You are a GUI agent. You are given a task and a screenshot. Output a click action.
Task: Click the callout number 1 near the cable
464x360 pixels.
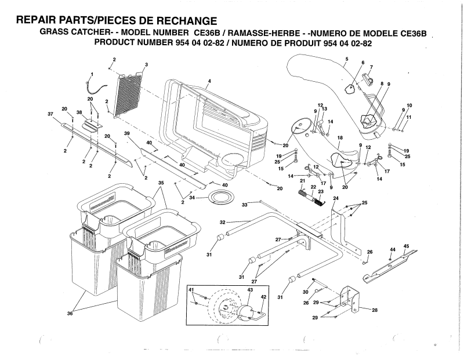click(92, 74)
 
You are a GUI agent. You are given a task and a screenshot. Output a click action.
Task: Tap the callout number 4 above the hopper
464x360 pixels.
click(209, 81)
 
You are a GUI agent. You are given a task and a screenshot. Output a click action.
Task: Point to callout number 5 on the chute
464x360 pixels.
click(347, 59)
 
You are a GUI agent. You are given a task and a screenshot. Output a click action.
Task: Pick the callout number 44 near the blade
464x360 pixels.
click(393, 250)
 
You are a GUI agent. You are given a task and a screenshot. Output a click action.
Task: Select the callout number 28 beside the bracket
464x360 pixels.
click(375, 310)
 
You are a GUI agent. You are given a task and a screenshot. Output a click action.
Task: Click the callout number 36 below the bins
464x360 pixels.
click(70, 314)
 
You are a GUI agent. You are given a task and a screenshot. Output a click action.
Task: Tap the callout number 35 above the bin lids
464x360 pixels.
click(161, 183)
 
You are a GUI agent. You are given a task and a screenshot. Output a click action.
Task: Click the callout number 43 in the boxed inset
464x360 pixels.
click(250, 290)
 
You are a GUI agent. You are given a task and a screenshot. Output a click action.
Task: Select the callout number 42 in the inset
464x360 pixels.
click(263, 297)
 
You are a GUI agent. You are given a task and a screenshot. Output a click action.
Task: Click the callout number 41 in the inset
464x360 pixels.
click(191, 290)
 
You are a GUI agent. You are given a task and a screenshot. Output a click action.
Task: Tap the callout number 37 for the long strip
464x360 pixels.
click(50, 114)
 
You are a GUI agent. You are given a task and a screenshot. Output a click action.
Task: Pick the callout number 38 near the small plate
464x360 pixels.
click(79, 112)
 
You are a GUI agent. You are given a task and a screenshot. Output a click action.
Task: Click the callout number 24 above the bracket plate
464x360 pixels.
click(336, 198)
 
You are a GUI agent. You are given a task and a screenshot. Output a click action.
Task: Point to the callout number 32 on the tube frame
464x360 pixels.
click(223, 223)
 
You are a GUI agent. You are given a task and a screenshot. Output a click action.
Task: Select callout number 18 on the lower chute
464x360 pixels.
click(340, 138)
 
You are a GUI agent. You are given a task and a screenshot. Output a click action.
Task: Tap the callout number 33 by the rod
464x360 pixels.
click(244, 205)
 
